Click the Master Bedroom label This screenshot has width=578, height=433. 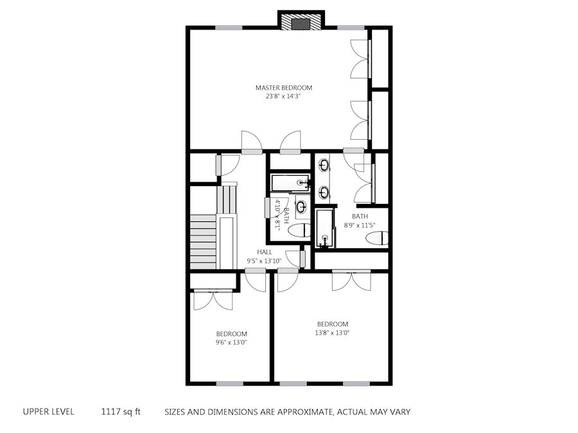[284, 88]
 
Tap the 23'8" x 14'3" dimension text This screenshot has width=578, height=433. [284, 96]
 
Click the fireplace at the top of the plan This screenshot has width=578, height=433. [301, 22]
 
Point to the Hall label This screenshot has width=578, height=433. [265, 252]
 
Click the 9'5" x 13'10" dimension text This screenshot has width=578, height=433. [265, 261]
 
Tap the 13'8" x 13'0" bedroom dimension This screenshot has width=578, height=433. [332, 333]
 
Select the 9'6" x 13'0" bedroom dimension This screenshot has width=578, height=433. [231, 343]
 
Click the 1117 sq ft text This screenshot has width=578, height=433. [121, 411]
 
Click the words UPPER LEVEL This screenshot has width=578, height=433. [48, 411]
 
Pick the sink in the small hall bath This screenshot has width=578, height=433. [302, 207]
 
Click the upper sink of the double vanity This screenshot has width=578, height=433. [324, 165]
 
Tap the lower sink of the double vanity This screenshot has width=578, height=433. [324, 191]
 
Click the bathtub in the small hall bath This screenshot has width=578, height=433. [290, 183]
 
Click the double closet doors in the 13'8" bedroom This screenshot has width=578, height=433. [351, 280]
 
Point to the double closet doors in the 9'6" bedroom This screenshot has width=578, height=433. [213, 300]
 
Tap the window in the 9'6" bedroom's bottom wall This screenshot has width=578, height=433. [230, 384]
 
